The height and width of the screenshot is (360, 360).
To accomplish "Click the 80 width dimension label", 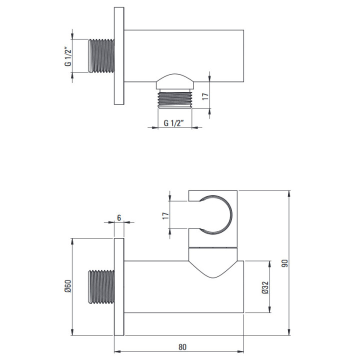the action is pyautogui.click(x=182, y=346).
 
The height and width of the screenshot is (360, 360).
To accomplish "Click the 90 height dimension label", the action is pyautogui.click(x=284, y=263).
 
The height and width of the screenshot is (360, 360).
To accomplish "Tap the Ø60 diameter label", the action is pyautogui.click(x=68, y=286).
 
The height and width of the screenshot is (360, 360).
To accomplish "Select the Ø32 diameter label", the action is pyautogui.click(x=265, y=287).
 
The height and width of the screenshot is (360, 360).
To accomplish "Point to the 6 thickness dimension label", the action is pyautogui.click(x=119, y=217).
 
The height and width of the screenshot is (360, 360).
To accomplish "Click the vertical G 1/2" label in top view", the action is pyautogui.click(x=68, y=56).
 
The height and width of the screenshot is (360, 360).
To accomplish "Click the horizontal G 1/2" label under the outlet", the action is pyautogui.click(x=174, y=123).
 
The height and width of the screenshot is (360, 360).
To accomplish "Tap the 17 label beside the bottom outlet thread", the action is pyautogui.click(x=205, y=96).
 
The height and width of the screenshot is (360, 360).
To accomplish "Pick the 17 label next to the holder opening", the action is pyautogui.click(x=166, y=215).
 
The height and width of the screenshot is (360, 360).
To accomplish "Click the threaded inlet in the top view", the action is pyautogui.click(x=101, y=56).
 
